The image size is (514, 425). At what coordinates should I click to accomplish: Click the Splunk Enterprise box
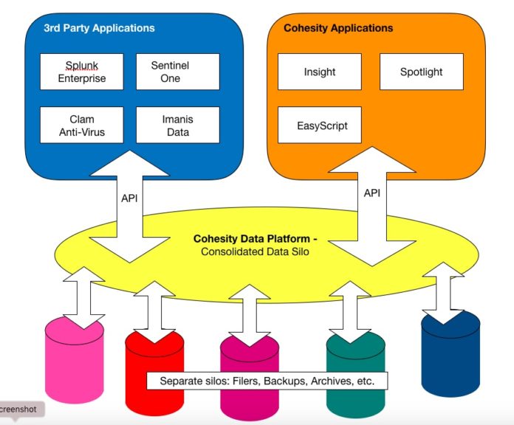click(82, 72)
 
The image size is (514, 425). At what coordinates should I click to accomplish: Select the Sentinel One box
click(178, 72)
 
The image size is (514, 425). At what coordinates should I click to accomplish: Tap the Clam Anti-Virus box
click(82, 125)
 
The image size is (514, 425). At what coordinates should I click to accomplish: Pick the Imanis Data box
click(178, 125)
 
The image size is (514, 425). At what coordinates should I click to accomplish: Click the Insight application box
click(320, 72)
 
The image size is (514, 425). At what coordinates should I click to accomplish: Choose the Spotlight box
click(422, 72)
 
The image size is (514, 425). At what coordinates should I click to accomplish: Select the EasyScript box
click(320, 125)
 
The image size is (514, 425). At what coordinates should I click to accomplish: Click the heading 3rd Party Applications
click(99, 28)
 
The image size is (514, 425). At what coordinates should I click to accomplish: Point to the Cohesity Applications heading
click(338, 28)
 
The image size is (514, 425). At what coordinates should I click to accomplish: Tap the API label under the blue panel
click(129, 198)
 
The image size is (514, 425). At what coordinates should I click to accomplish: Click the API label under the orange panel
click(372, 193)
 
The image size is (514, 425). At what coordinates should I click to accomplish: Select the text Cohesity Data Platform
click(251, 239)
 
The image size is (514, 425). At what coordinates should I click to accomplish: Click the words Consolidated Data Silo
click(255, 252)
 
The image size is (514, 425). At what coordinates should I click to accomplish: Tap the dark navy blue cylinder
click(450, 355)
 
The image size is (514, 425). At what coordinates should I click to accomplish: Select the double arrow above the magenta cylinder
click(250, 315)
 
